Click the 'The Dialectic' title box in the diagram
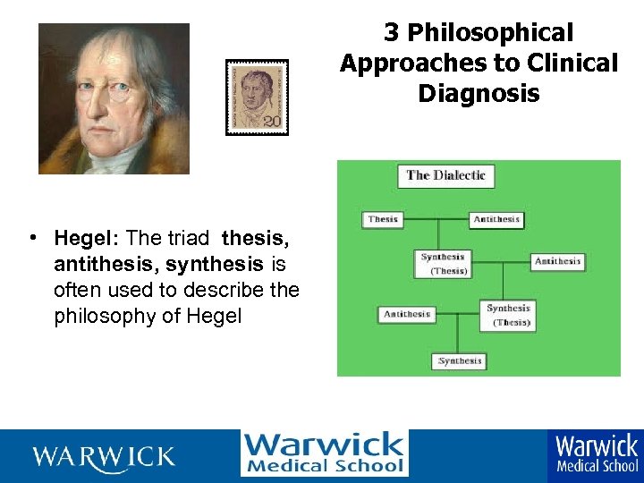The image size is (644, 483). (445, 175)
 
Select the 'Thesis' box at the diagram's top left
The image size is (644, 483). (382, 219)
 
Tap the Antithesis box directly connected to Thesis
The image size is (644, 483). (496, 219)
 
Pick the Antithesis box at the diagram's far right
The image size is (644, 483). (557, 262)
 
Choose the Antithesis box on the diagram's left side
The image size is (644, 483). (407, 314)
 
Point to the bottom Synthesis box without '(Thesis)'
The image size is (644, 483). (461, 361)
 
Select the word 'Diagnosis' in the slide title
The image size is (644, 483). (479, 93)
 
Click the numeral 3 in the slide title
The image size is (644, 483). (391, 33)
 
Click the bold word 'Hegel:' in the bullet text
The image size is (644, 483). (87, 238)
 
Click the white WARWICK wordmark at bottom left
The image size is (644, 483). (104, 457)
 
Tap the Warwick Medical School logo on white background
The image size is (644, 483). (324, 453)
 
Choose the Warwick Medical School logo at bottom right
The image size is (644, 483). (597, 453)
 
